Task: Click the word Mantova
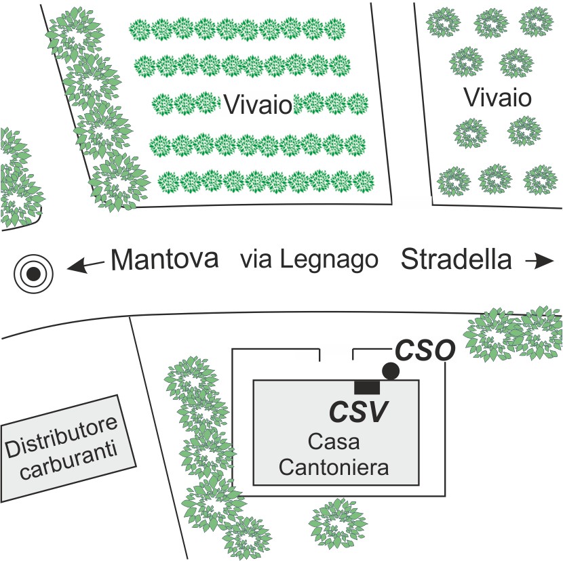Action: click(166, 260)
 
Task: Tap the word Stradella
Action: click(456, 259)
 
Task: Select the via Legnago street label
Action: click(309, 260)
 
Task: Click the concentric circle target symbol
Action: click(32, 274)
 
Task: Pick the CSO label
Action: click(423, 351)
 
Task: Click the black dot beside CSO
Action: click(391, 370)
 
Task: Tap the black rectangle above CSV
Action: click(367, 386)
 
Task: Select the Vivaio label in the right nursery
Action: click(497, 98)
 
